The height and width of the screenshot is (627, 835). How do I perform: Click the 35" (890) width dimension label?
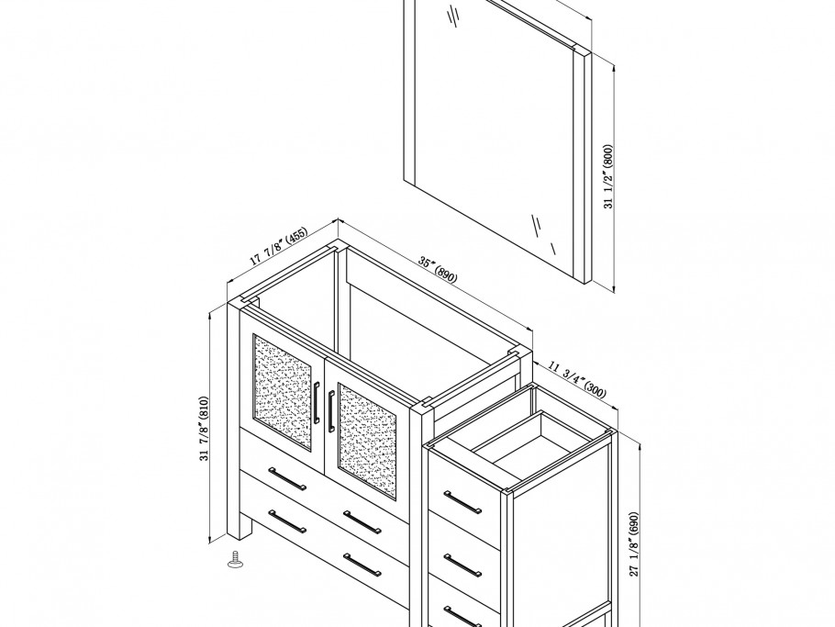pyautogui.click(x=438, y=270)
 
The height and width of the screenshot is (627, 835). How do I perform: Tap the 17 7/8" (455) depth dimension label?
pyautogui.click(x=279, y=246)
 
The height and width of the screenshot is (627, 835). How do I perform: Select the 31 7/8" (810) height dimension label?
pyautogui.click(x=205, y=429)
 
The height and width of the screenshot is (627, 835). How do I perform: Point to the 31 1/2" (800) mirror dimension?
pyautogui.click(x=608, y=176)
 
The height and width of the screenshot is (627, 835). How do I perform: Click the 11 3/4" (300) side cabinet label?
pyautogui.click(x=577, y=379)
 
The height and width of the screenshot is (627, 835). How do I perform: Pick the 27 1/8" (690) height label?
pyautogui.click(x=634, y=543)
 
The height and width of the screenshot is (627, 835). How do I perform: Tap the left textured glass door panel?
pyautogui.click(x=283, y=385)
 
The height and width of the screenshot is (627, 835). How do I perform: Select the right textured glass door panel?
pyautogui.click(x=367, y=442)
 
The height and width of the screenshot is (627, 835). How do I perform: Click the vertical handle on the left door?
pyautogui.click(x=317, y=403)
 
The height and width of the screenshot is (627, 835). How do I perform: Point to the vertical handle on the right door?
pyautogui.click(x=331, y=410)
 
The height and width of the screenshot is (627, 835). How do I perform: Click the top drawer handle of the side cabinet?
pyautogui.click(x=462, y=502)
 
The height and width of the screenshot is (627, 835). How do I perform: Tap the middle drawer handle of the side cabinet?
pyautogui.click(x=462, y=565)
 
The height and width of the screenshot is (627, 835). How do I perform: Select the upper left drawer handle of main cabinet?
pyautogui.click(x=287, y=478)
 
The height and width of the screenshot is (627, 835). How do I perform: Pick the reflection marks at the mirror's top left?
pyautogui.click(x=453, y=15)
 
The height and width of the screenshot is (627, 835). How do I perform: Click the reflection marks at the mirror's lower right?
pyautogui.click(x=544, y=233)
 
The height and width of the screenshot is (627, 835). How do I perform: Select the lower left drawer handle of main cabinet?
pyautogui.click(x=287, y=521)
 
